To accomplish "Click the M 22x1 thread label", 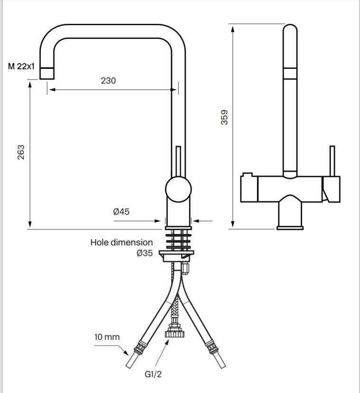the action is pyautogui.click(x=21, y=66).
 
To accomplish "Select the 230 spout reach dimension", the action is pyautogui.click(x=108, y=81).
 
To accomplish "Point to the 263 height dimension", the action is pyautogui.click(x=21, y=152).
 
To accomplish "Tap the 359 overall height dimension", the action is pyautogui.click(x=224, y=117).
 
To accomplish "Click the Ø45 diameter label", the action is pyautogui.click(x=122, y=212).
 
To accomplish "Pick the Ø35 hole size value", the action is pyautogui.click(x=145, y=253).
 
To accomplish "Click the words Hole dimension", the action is pyautogui.click(x=122, y=243).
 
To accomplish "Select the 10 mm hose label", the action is pyautogui.click(x=107, y=337).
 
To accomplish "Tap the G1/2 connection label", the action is pyautogui.click(x=153, y=374).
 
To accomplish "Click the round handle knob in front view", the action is pyautogui.click(x=179, y=189).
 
